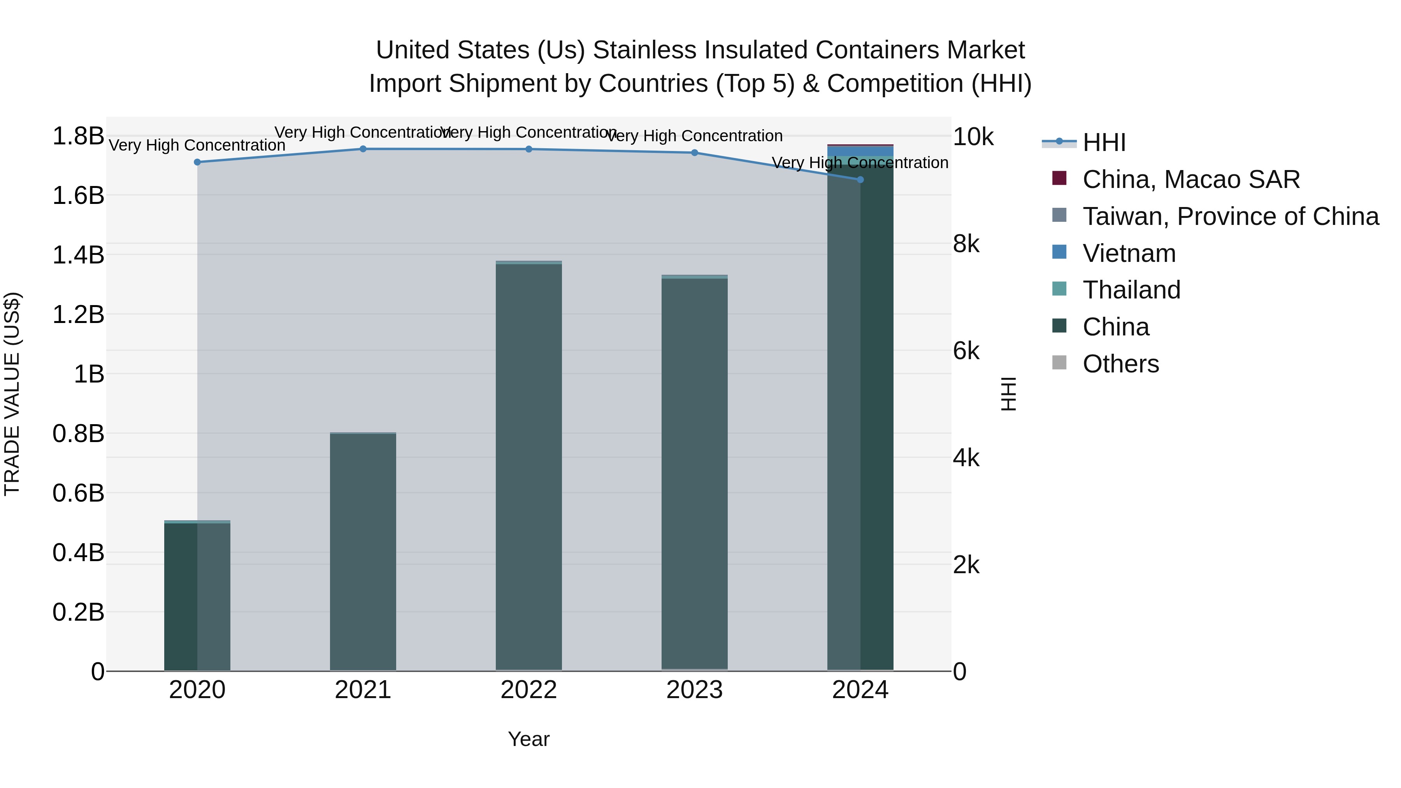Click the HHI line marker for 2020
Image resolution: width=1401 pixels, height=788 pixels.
(197, 162)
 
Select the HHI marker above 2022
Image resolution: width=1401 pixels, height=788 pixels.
(528, 149)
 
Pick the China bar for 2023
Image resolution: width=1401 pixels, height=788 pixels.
(695, 473)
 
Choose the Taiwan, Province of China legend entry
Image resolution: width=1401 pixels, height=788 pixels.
(1230, 216)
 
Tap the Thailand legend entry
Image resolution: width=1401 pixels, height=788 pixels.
(1131, 290)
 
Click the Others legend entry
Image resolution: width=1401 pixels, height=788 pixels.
(1120, 364)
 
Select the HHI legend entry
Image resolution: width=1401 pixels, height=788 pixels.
(1104, 142)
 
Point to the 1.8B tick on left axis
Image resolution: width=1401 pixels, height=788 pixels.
(78, 136)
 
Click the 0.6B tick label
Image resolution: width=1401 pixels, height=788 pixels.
(78, 493)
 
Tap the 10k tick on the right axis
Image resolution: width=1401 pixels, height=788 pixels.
(973, 137)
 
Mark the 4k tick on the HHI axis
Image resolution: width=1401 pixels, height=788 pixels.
(966, 458)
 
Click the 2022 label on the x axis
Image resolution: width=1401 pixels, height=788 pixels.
(528, 690)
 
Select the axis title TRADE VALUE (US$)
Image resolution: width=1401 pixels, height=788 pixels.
(12, 394)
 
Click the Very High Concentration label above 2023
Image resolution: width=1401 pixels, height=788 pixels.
(695, 136)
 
